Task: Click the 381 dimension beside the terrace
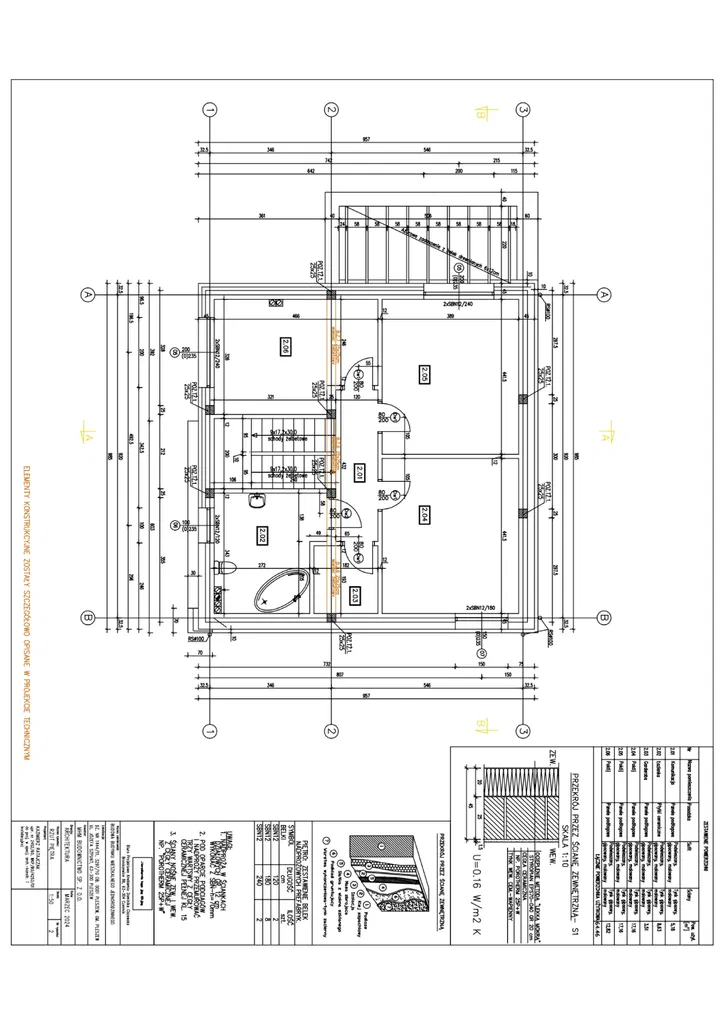pyautogui.click(x=262, y=216)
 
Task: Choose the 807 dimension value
pyautogui.click(x=340, y=674)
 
